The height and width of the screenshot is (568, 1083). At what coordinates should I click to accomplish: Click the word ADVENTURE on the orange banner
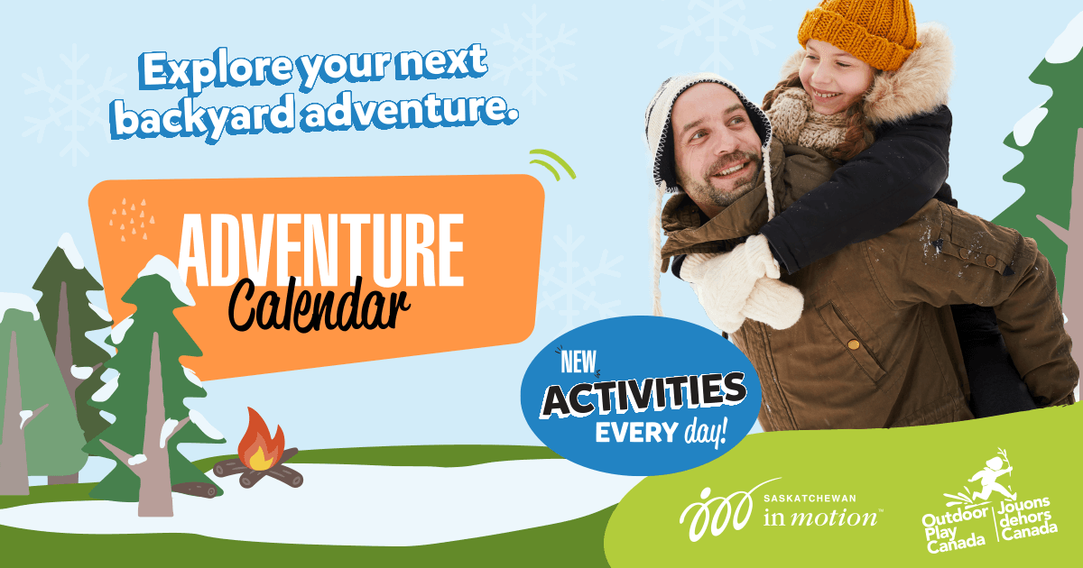click(x=320, y=247)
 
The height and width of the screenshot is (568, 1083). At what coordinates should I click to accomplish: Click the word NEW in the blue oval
click(x=578, y=361)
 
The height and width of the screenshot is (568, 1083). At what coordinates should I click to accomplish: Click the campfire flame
click(x=262, y=439)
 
